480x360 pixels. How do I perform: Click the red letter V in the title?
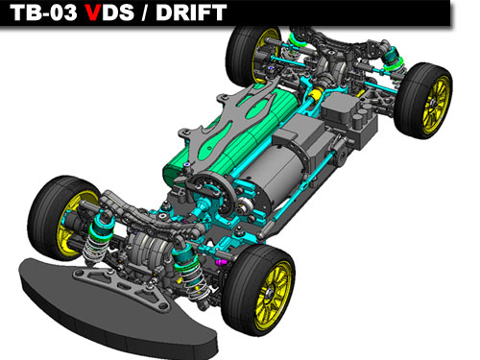(93, 12)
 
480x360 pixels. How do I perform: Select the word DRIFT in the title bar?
(191, 12)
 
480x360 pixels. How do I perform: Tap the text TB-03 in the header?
(43, 12)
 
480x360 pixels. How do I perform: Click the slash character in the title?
(145, 12)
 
